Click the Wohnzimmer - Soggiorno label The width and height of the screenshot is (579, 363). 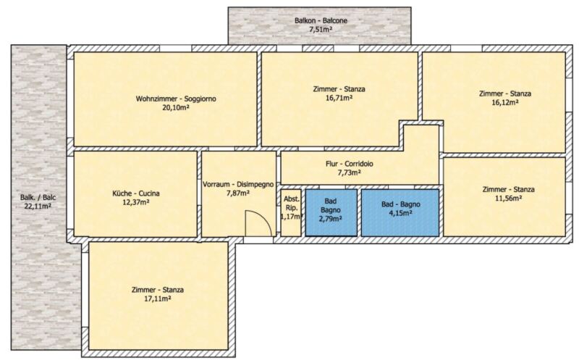click(x=176, y=99)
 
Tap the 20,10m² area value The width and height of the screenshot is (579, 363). click(x=176, y=107)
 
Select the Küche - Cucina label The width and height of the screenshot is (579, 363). click(x=136, y=193)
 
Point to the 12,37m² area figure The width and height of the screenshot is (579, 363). click(x=136, y=202)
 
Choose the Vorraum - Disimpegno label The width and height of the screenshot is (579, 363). click(x=238, y=184)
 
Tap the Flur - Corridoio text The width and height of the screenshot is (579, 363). click(x=350, y=164)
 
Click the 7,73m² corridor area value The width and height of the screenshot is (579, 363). click(x=350, y=172)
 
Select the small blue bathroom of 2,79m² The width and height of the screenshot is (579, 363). click(x=331, y=212)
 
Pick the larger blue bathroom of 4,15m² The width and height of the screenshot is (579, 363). click(x=400, y=212)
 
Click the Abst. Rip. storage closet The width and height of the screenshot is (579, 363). click(x=291, y=212)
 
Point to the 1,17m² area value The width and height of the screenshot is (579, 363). click(x=292, y=217)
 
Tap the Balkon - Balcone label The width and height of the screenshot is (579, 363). click(x=321, y=21)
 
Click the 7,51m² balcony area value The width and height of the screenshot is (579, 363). click(x=321, y=29)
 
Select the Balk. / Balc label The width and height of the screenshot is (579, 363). click(x=38, y=197)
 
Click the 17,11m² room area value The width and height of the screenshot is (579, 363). click(x=157, y=299)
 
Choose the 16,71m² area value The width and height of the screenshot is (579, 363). click(x=339, y=98)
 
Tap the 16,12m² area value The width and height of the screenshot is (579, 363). click(x=504, y=102)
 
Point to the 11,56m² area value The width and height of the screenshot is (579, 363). click(x=508, y=198)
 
